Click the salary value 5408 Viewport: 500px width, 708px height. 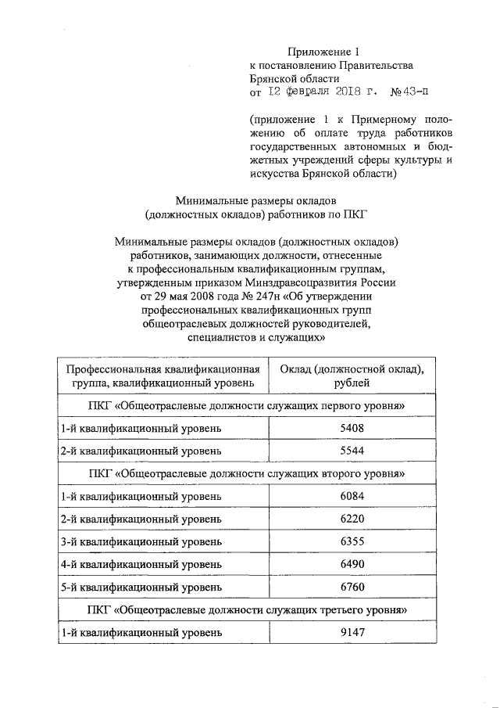point(352,429)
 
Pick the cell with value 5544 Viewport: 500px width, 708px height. point(352,451)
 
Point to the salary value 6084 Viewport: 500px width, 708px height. point(352,497)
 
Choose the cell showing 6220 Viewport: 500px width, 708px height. point(352,519)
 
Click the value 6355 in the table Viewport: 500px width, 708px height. point(352,542)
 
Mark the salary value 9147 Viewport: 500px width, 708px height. point(352,632)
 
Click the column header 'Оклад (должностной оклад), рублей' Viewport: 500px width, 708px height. point(352,376)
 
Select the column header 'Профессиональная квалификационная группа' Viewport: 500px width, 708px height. point(162,376)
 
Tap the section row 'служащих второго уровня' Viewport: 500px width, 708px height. point(248,474)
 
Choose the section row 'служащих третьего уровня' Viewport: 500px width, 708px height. point(248,609)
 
